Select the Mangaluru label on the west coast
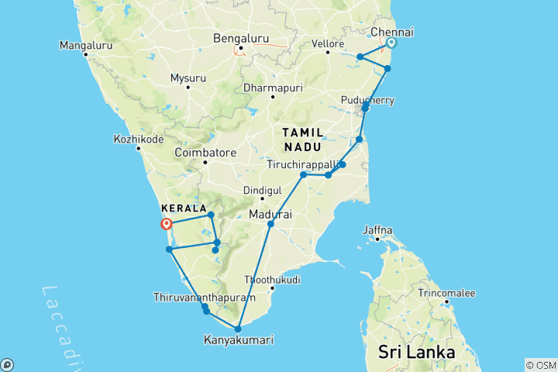[x=86, y=46]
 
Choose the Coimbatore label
[x=205, y=153]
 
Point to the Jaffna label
[x=378, y=230]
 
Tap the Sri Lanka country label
[x=416, y=353]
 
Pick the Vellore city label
[x=328, y=43]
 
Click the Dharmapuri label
[x=270, y=88]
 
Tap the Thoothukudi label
[x=272, y=279]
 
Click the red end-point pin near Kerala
[x=166, y=225]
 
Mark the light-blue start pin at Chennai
[x=392, y=43]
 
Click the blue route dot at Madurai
[x=270, y=225]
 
